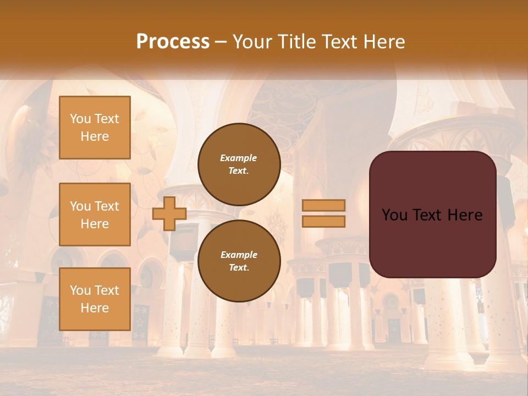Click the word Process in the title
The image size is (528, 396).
tap(173, 42)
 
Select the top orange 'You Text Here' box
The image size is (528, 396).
tap(95, 128)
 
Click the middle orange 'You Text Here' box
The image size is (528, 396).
tap(95, 215)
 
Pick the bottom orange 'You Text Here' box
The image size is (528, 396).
tap(95, 299)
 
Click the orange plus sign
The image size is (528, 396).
tap(169, 213)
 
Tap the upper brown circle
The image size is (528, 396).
tap(239, 164)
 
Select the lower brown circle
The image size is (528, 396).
tap(239, 261)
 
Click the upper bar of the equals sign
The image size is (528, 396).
tap(323, 205)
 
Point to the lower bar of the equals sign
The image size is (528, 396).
tap(323, 221)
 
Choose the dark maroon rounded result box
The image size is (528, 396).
tap(432, 215)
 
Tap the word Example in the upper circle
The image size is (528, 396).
tap(239, 158)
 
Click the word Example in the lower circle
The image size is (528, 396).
tap(239, 255)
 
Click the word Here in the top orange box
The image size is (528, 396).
tap(95, 136)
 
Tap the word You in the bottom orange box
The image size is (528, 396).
tap(80, 290)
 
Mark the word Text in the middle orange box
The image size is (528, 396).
tap(107, 206)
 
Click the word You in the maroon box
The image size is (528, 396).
tap(394, 215)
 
